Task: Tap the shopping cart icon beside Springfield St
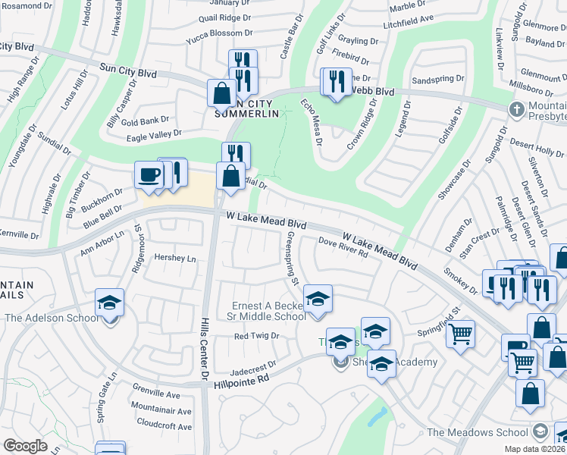[x=461, y=333]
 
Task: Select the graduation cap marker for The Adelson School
[x=110, y=303]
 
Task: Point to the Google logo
[x=25, y=446]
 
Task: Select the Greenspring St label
[x=290, y=259]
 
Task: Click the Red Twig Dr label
[x=256, y=335]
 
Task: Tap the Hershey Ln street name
[x=175, y=258]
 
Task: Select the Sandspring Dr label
[x=437, y=79]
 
